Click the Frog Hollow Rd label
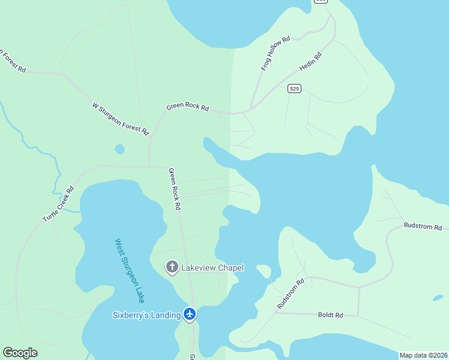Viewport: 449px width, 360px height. coord(276,53)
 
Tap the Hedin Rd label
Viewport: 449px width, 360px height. coord(311,63)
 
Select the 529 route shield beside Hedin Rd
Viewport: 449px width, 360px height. coord(294,88)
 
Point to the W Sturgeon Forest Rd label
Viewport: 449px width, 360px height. coord(120,118)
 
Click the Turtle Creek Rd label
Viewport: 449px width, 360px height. coord(58,204)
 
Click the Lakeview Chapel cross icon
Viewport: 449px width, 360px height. coord(172,267)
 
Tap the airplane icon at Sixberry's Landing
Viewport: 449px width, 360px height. coord(190,314)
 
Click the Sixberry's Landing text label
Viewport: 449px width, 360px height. coord(147,314)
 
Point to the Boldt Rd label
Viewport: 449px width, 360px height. coord(330,314)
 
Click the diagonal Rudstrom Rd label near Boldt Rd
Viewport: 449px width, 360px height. coord(291,293)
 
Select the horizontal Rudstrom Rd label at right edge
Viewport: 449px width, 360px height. coord(423,227)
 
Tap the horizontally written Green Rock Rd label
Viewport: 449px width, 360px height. coord(188,107)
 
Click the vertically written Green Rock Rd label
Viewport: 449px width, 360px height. coord(175,188)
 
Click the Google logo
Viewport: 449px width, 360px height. coord(20,353)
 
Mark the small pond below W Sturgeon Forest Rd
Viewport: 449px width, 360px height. coord(119,148)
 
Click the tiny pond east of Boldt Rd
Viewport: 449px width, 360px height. coord(438,298)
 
